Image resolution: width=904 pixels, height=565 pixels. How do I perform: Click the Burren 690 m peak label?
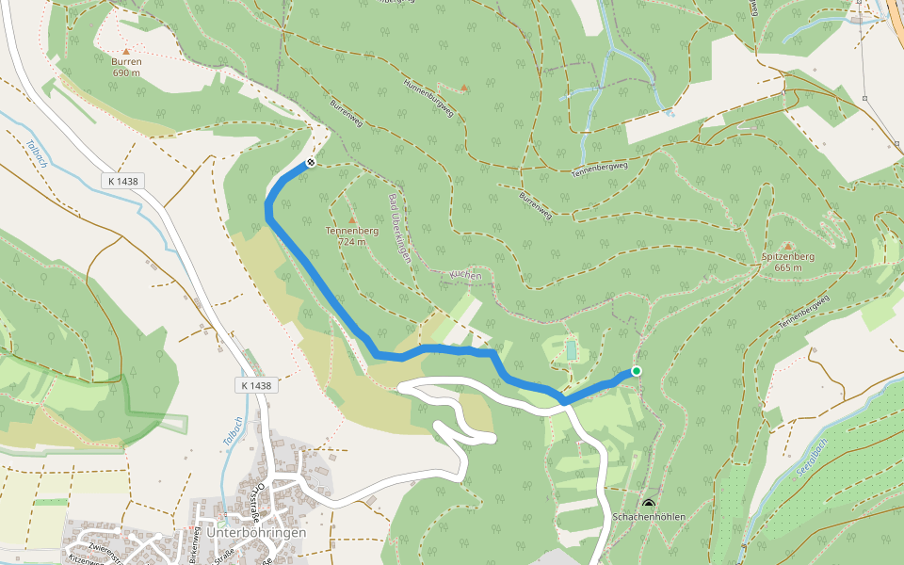pos(126,66)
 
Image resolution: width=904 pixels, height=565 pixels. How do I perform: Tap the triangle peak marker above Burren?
pos(126,51)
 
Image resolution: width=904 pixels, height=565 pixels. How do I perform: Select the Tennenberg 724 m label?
pos(345,235)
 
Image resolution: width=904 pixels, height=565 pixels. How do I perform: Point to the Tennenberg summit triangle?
pos(353,219)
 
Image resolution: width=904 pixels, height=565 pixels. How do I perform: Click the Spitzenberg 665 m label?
pos(787,262)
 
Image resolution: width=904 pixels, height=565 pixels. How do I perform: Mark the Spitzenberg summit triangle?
pos(788,246)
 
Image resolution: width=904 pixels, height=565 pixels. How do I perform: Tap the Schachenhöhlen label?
pos(648,517)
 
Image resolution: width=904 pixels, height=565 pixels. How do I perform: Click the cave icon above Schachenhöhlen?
pos(648,504)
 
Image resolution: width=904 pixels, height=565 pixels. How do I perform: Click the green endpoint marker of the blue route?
pos(637,371)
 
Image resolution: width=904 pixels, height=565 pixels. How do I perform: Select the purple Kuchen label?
pos(465,275)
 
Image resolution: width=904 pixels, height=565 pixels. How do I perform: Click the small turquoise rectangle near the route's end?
pos(571,350)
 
